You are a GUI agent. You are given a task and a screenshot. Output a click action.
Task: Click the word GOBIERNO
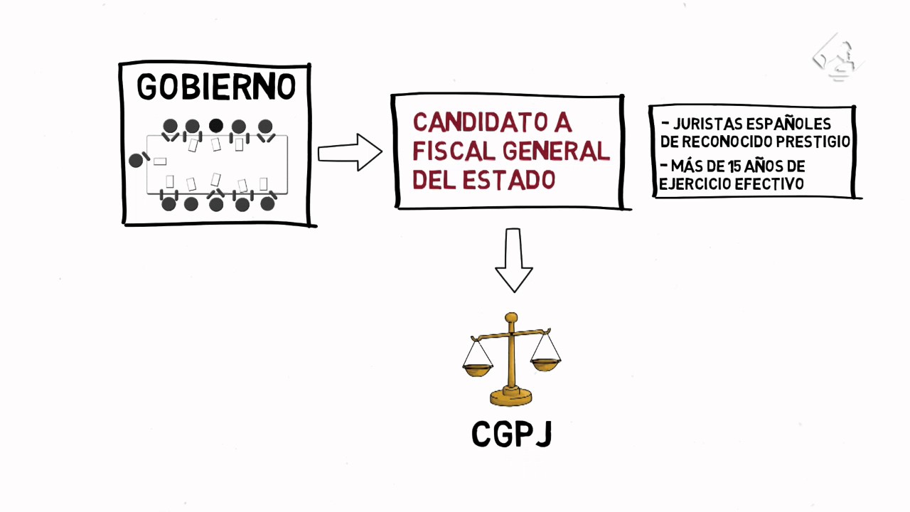(216, 87)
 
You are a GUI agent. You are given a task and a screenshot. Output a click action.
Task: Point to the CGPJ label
(512, 434)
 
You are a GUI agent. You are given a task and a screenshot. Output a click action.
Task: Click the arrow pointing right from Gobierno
(349, 152)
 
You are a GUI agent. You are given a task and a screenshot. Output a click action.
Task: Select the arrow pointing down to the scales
(513, 260)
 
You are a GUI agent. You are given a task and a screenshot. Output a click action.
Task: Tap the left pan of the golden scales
(477, 369)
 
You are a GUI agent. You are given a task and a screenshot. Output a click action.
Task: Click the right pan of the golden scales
(545, 365)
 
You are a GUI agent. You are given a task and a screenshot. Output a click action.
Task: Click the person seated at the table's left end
(136, 160)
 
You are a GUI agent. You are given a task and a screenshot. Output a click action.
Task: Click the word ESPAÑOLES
(788, 125)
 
